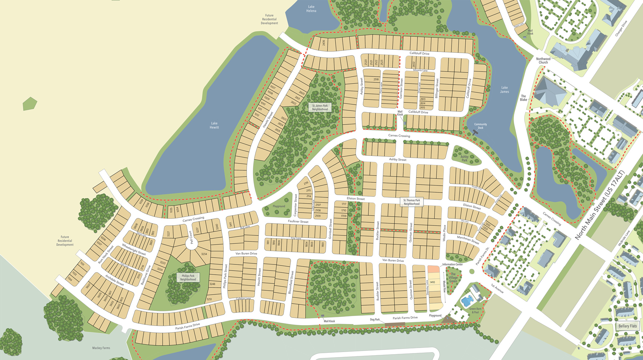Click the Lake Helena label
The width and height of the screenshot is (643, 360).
(x=311, y=9)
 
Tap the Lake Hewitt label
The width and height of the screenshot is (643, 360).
(x=214, y=125)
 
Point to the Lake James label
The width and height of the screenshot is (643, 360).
(x=504, y=89)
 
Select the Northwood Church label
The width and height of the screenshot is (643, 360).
(x=543, y=61)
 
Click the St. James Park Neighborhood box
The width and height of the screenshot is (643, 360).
(x=320, y=108)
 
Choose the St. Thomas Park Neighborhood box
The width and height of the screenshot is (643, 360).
(x=412, y=202)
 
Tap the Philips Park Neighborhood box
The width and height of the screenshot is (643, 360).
(x=188, y=278)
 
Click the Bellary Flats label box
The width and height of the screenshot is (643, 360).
(x=628, y=326)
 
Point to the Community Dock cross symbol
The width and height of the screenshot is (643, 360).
(x=475, y=132)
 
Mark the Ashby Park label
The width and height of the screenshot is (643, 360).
(x=464, y=158)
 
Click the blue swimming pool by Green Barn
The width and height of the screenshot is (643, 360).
(x=467, y=300)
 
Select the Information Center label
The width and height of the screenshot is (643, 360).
(x=452, y=264)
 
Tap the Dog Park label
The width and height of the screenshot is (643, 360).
(x=375, y=320)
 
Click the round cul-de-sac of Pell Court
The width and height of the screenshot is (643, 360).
(x=191, y=243)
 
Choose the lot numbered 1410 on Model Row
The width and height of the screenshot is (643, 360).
(x=432, y=282)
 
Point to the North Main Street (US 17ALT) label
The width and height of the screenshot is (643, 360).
(x=599, y=205)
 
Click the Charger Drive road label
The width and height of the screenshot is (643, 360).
(x=621, y=28)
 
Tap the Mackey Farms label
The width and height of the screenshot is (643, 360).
(x=101, y=348)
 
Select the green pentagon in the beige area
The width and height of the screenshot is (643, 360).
(x=30, y=104)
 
